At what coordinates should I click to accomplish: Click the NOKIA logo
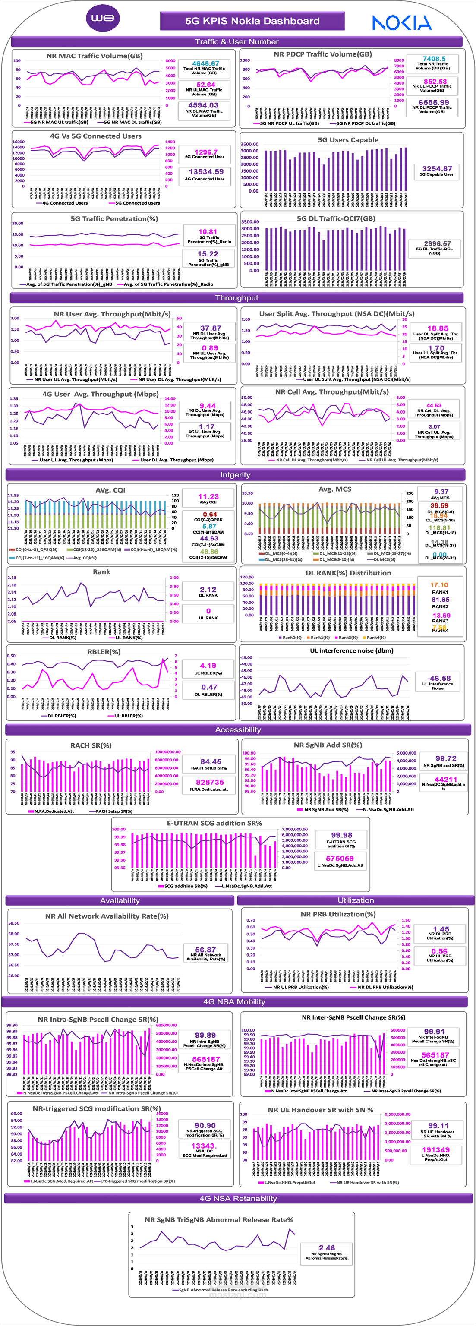[x=401, y=22]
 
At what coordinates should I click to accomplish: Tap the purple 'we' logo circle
[x=103, y=18]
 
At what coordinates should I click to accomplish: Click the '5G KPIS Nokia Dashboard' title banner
[x=252, y=21]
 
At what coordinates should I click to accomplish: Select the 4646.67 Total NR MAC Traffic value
[x=205, y=63]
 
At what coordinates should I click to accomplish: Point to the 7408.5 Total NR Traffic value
[x=434, y=59]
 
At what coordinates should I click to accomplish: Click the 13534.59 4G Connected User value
[x=206, y=172]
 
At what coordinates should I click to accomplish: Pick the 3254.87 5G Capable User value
[x=437, y=169]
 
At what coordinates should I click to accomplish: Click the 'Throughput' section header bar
[x=237, y=297]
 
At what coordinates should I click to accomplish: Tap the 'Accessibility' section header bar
[x=238, y=729]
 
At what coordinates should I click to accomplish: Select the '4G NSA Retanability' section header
[x=238, y=1198]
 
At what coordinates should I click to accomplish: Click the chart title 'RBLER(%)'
[x=104, y=652]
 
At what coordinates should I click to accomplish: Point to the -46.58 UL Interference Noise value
[x=438, y=679]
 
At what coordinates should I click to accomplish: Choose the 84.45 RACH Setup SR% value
[x=211, y=761]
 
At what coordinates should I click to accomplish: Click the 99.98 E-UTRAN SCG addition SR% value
[x=341, y=835]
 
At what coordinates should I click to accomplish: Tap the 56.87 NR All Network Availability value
[x=205, y=950]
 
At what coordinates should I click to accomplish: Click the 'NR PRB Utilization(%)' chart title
[x=337, y=914]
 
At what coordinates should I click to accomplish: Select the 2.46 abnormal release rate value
[x=326, y=1248]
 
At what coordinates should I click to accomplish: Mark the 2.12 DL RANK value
[x=208, y=589]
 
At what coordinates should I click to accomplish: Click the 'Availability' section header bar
[x=120, y=900]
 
